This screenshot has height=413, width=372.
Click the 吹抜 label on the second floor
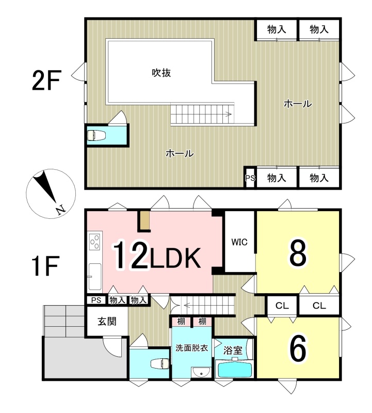tap(161, 73)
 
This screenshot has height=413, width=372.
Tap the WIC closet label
tap(239, 242)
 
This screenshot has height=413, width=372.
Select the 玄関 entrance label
tap(107, 321)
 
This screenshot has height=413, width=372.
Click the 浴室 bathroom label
tap(233, 351)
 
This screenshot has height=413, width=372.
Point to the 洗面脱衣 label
tap(191, 348)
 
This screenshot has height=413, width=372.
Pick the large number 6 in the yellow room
tap(298, 348)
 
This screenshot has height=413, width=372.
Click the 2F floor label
tap(46, 80)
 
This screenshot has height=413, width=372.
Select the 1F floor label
tap(45, 266)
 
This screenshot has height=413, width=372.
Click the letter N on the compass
tap(60, 210)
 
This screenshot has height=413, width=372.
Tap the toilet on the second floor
tap(96, 135)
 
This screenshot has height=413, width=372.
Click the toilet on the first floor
tap(159, 364)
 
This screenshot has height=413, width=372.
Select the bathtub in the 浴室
tap(234, 369)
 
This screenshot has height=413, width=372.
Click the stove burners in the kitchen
tap(95, 242)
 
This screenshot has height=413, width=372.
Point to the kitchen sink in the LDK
tap(94, 277)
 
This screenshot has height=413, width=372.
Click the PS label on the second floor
tap(250, 178)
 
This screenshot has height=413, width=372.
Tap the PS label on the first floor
tap(96, 300)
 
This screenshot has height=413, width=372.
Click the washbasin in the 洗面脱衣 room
tap(201, 373)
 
